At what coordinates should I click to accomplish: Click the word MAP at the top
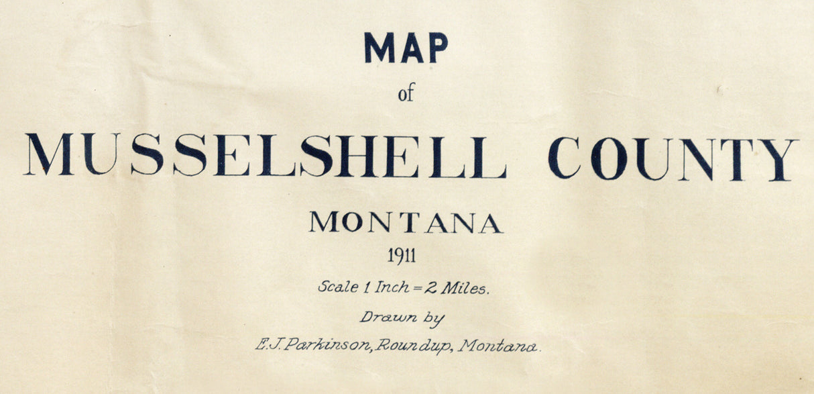[406, 48]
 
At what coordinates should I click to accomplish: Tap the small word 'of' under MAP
[406, 94]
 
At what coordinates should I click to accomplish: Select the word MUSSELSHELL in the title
[266, 155]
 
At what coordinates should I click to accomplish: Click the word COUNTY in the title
[673, 158]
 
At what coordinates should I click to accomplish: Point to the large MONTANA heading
[406, 223]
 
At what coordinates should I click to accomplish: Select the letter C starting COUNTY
[564, 158]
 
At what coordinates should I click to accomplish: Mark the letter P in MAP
[438, 48]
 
